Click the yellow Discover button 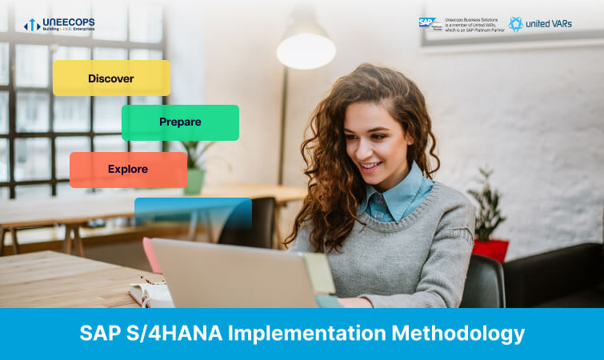[x=111, y=78]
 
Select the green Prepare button [x=180, y=122]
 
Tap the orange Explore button [x=128, y=170]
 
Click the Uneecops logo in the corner [x=59, y=25]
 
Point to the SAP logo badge [x=430, y=24]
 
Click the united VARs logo [x=540, y=24]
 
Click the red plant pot [x=490, y=250]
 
